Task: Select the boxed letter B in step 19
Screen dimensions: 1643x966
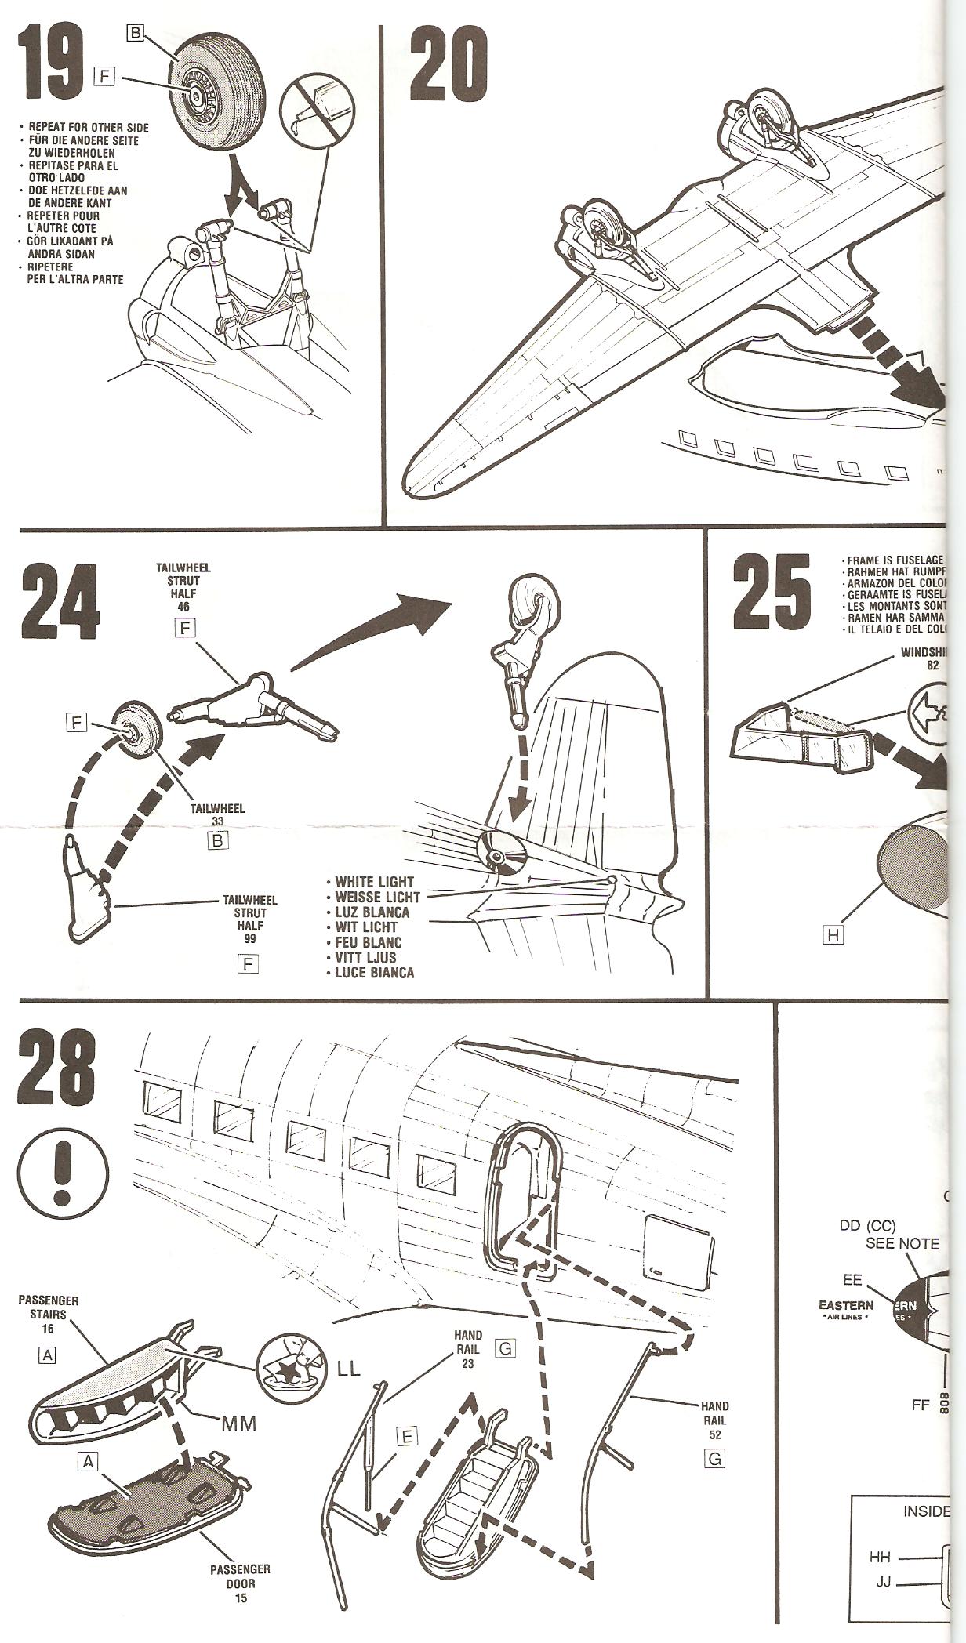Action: pos(136,33)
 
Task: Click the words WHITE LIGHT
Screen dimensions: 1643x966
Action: pos(374,882)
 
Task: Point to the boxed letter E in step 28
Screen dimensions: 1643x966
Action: pos(406,1436)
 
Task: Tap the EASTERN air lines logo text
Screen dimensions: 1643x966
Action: pos(846,1306)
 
